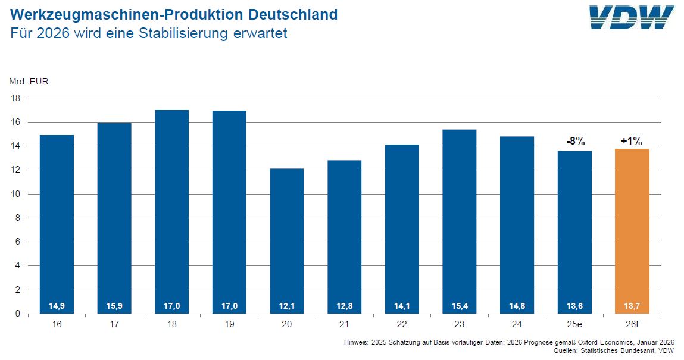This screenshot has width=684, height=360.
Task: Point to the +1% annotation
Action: click(x=632, y=141)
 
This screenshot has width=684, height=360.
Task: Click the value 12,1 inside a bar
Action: click(x=286, y=306)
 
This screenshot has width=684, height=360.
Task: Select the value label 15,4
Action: click(x=459, y=306)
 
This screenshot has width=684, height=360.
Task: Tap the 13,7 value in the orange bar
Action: click(x=632, y=306)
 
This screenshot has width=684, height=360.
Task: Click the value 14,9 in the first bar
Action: click(x=56, y=306)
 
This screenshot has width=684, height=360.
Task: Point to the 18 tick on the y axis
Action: click(x=16, y=98)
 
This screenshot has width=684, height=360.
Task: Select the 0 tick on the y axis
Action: click(x=18, y=314)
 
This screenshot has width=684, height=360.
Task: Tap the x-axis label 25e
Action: click(x=574, y=325)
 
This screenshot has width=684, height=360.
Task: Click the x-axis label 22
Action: click(x=401, y=325)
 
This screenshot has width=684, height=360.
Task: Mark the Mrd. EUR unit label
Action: click(x=29, y=82)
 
